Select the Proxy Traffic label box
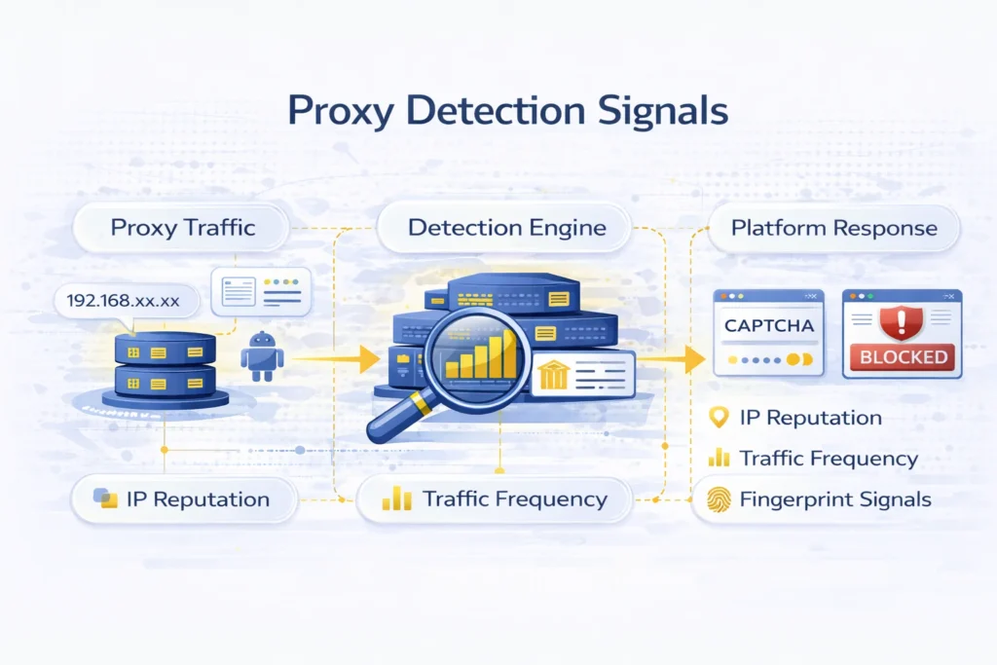click(183, 229)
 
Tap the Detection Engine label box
click(506, 229)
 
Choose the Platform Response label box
click(833, 229)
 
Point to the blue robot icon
click(262, 357)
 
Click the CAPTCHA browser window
click(768, 332)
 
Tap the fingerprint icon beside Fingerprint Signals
click(718, 499)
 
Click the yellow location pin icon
click(719, 418)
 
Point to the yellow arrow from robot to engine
click(336, 359)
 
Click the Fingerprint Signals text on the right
click(835, 499)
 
